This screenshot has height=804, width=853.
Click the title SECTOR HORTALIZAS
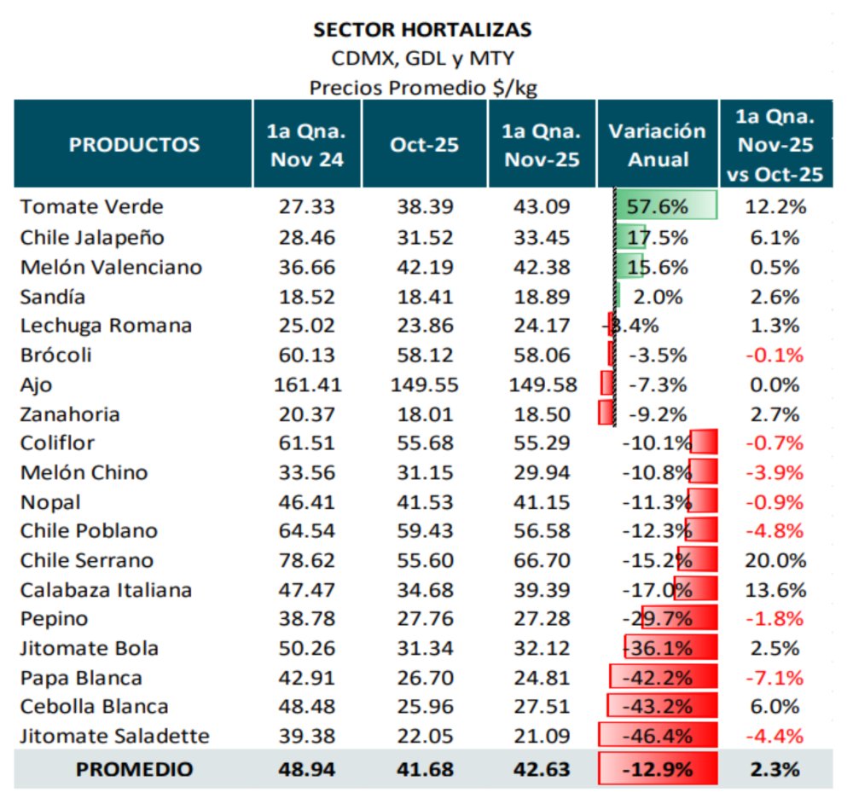[x=422, y=30]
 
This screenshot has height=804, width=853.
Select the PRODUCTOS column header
[x=134, y=144]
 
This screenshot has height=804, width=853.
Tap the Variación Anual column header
[x=657, y=144]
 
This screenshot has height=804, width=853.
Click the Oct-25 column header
[x=424, y=144]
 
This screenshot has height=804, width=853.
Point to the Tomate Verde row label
[x=91, y=207]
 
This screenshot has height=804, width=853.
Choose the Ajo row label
[x=36, y=385]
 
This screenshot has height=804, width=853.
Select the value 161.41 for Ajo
[x=307, y=385]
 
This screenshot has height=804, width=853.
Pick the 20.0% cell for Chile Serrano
[x=774, y=560]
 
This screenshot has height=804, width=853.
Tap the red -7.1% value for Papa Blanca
[x=774, y=678]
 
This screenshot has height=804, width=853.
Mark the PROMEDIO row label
[x=134, y=769]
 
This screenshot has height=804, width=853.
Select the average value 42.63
[x=542, y=769]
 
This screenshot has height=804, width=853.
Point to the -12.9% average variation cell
[x=658, y=769]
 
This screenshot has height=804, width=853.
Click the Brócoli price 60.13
[x=307, y=355]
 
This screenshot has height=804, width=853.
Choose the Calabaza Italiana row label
[x=106, y=590]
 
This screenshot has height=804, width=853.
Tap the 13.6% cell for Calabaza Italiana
[x=774, y=590]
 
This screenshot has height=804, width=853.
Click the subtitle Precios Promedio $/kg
[x=422, y=87]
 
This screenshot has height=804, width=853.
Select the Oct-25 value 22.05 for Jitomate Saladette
[x=424, y=736]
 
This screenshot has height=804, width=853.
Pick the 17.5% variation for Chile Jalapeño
[x=657, y=237]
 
